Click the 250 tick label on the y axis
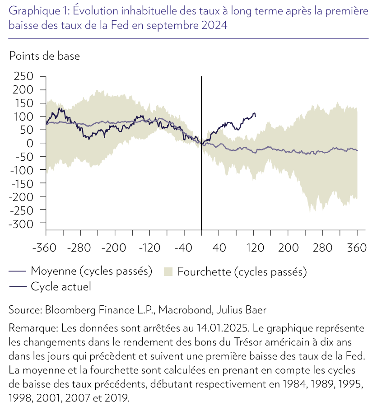point(23,76)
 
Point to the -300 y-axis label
point(21,224)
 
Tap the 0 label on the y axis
point(30,143)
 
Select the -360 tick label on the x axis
point(44,248)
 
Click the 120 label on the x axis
point(255,248)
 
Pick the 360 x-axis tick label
point(357,248)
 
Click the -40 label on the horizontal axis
point(183,248)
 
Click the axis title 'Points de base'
point(45,56)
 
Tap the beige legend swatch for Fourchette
point(168,271)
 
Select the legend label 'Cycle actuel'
point(61,286)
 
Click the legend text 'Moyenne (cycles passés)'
point(92,271)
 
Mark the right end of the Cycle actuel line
point(256,116)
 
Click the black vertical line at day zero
point(201,154)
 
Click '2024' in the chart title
point(214,25)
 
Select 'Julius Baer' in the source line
point(241,310)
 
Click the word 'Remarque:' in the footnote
point(33,328)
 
